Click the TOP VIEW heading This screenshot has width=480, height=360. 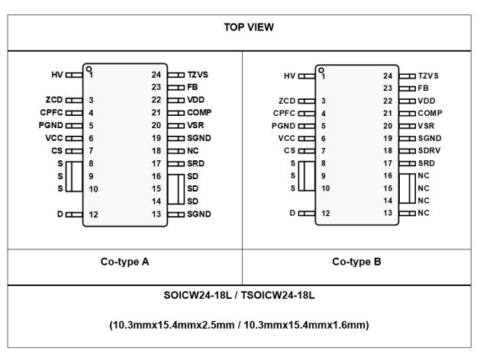[x=240, y=26]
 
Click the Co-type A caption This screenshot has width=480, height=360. [x=124, y=262]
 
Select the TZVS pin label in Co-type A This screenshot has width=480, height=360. [x=200, y=76]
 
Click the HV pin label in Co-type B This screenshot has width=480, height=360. [x=288, y=76]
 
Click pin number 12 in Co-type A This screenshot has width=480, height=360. [x=93, y=214]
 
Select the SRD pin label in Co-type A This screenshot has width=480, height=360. [x=197, y=163]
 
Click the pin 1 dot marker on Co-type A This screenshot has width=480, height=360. [x=89, y=68]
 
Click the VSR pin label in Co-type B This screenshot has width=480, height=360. [x=427, y=126]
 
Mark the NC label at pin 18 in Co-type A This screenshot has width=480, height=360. [x=193, y=151]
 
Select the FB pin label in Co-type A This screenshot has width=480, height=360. [x=193, y=88]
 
